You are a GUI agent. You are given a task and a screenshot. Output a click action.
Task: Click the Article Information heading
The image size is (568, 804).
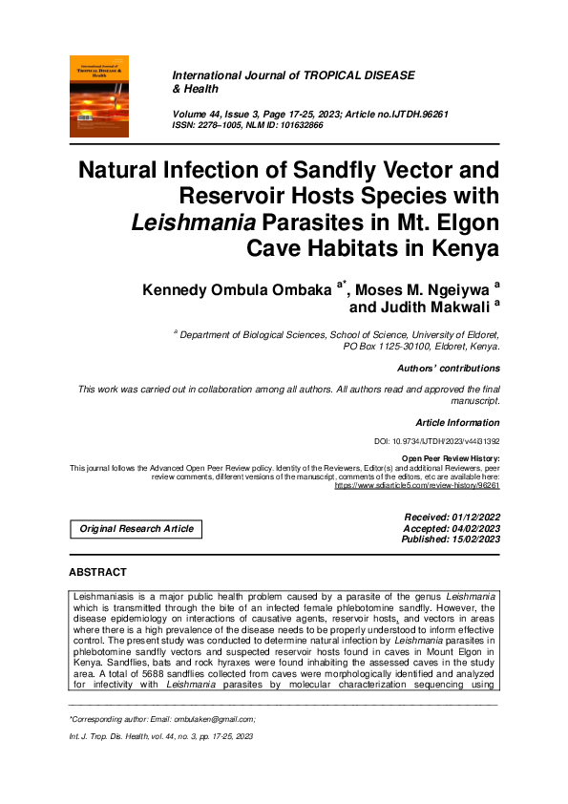point(457,422)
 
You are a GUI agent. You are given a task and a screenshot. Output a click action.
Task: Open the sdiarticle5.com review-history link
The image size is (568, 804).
point(417,485)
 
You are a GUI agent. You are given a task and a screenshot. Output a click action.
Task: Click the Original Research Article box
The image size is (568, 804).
point(137,528)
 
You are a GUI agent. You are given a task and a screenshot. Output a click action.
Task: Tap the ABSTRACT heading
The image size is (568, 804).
point(97,572)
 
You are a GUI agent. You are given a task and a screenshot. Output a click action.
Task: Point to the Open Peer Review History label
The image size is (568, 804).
point(451,459)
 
